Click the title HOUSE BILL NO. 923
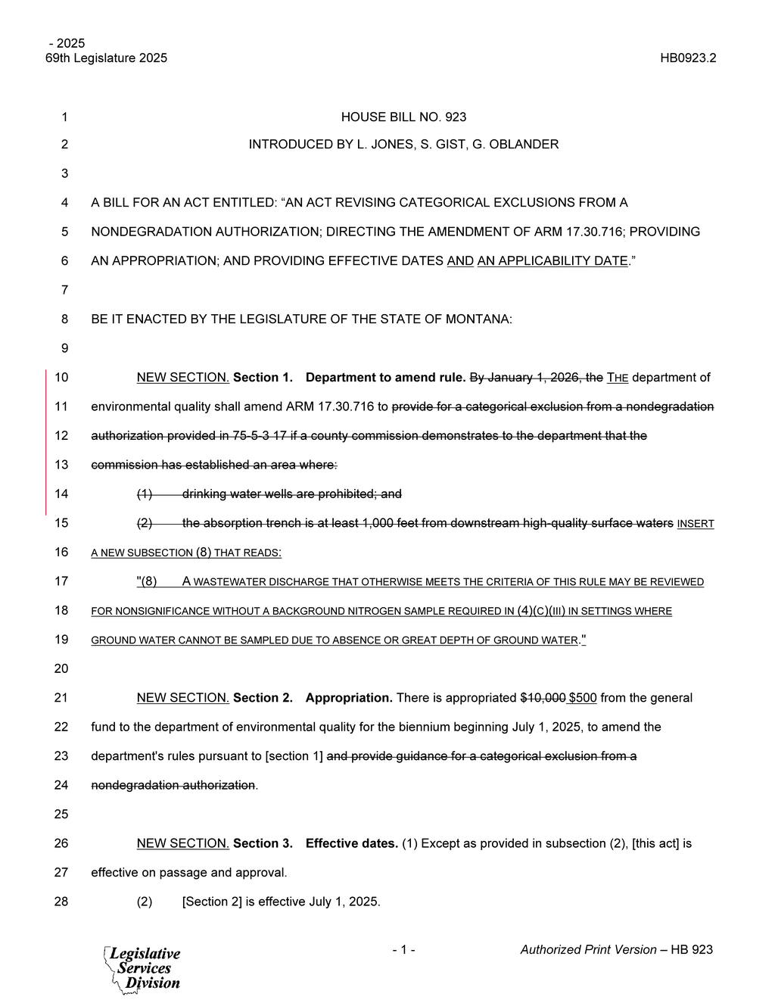[403, 117]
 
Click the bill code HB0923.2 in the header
[687, 58]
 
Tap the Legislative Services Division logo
[142, 968]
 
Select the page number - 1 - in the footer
[403, 950]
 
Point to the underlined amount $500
[583, 698]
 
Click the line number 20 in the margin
[61, 668]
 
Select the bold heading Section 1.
[263, 378]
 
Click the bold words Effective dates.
[351, 843]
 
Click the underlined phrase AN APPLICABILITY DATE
[552, 261]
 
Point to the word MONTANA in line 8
[484, 319]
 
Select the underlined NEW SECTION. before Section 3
[183, 843]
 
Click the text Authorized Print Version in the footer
[588, 950]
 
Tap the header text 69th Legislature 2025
[107, 58]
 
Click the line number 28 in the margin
[61, 902]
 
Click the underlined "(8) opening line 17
[147, 581]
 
